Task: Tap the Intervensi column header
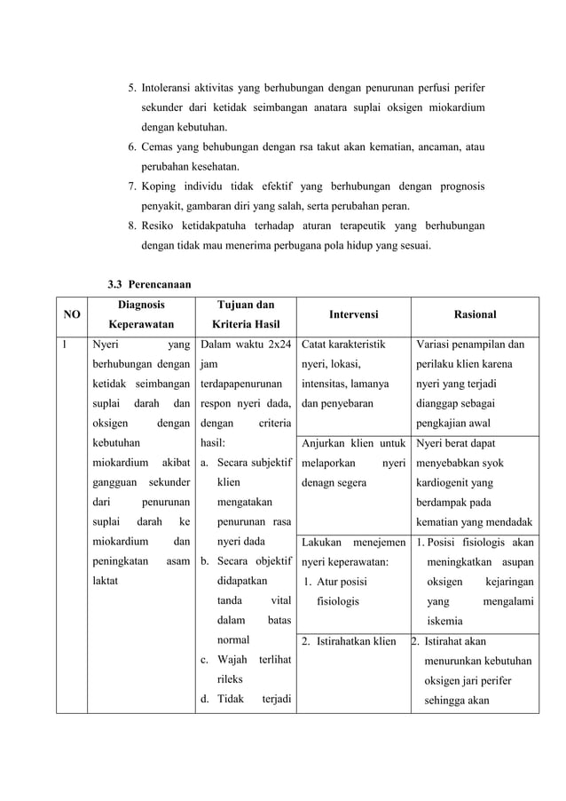coord(353,314)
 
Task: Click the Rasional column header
coord(475,314)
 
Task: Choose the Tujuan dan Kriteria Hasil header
coord(244,313)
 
